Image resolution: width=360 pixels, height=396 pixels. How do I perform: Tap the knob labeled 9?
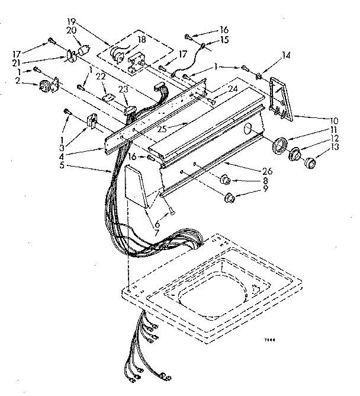(x=230, y=197)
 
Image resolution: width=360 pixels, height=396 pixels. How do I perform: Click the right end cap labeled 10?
(x=280, y=97)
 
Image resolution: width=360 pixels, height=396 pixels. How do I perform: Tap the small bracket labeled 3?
(x=92, y=122)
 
